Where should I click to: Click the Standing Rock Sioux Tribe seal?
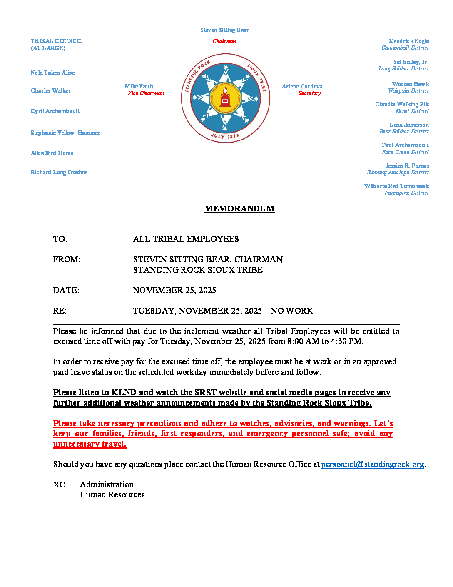[225, 98]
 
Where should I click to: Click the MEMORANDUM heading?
[239, 208]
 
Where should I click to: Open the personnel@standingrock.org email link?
[373, 464]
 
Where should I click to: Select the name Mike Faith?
[139, 86]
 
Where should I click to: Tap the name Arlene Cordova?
[302, 86]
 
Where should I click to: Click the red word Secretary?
[309, 93]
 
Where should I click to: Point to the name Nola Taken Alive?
[53, 73]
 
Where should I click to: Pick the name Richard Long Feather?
[59, 172]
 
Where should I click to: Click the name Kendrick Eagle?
[408, 41]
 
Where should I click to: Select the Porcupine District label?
[406, 193]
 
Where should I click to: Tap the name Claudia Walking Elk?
[402, 104]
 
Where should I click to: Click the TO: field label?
[60, 239]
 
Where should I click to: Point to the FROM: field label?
[67, 259]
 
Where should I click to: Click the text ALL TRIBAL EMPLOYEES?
[186, 239]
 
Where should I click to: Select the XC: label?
[60, 484]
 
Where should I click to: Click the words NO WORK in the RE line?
[291, 311]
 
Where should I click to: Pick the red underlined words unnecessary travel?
[90, 444]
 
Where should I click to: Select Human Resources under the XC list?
[112, 494]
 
